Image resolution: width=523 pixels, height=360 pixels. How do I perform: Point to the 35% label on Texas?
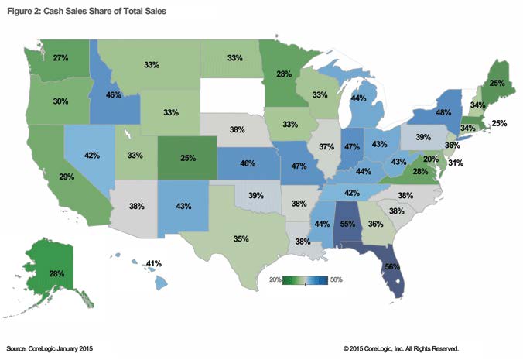[241, 240]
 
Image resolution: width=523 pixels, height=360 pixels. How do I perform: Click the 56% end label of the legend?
[336, 279]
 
